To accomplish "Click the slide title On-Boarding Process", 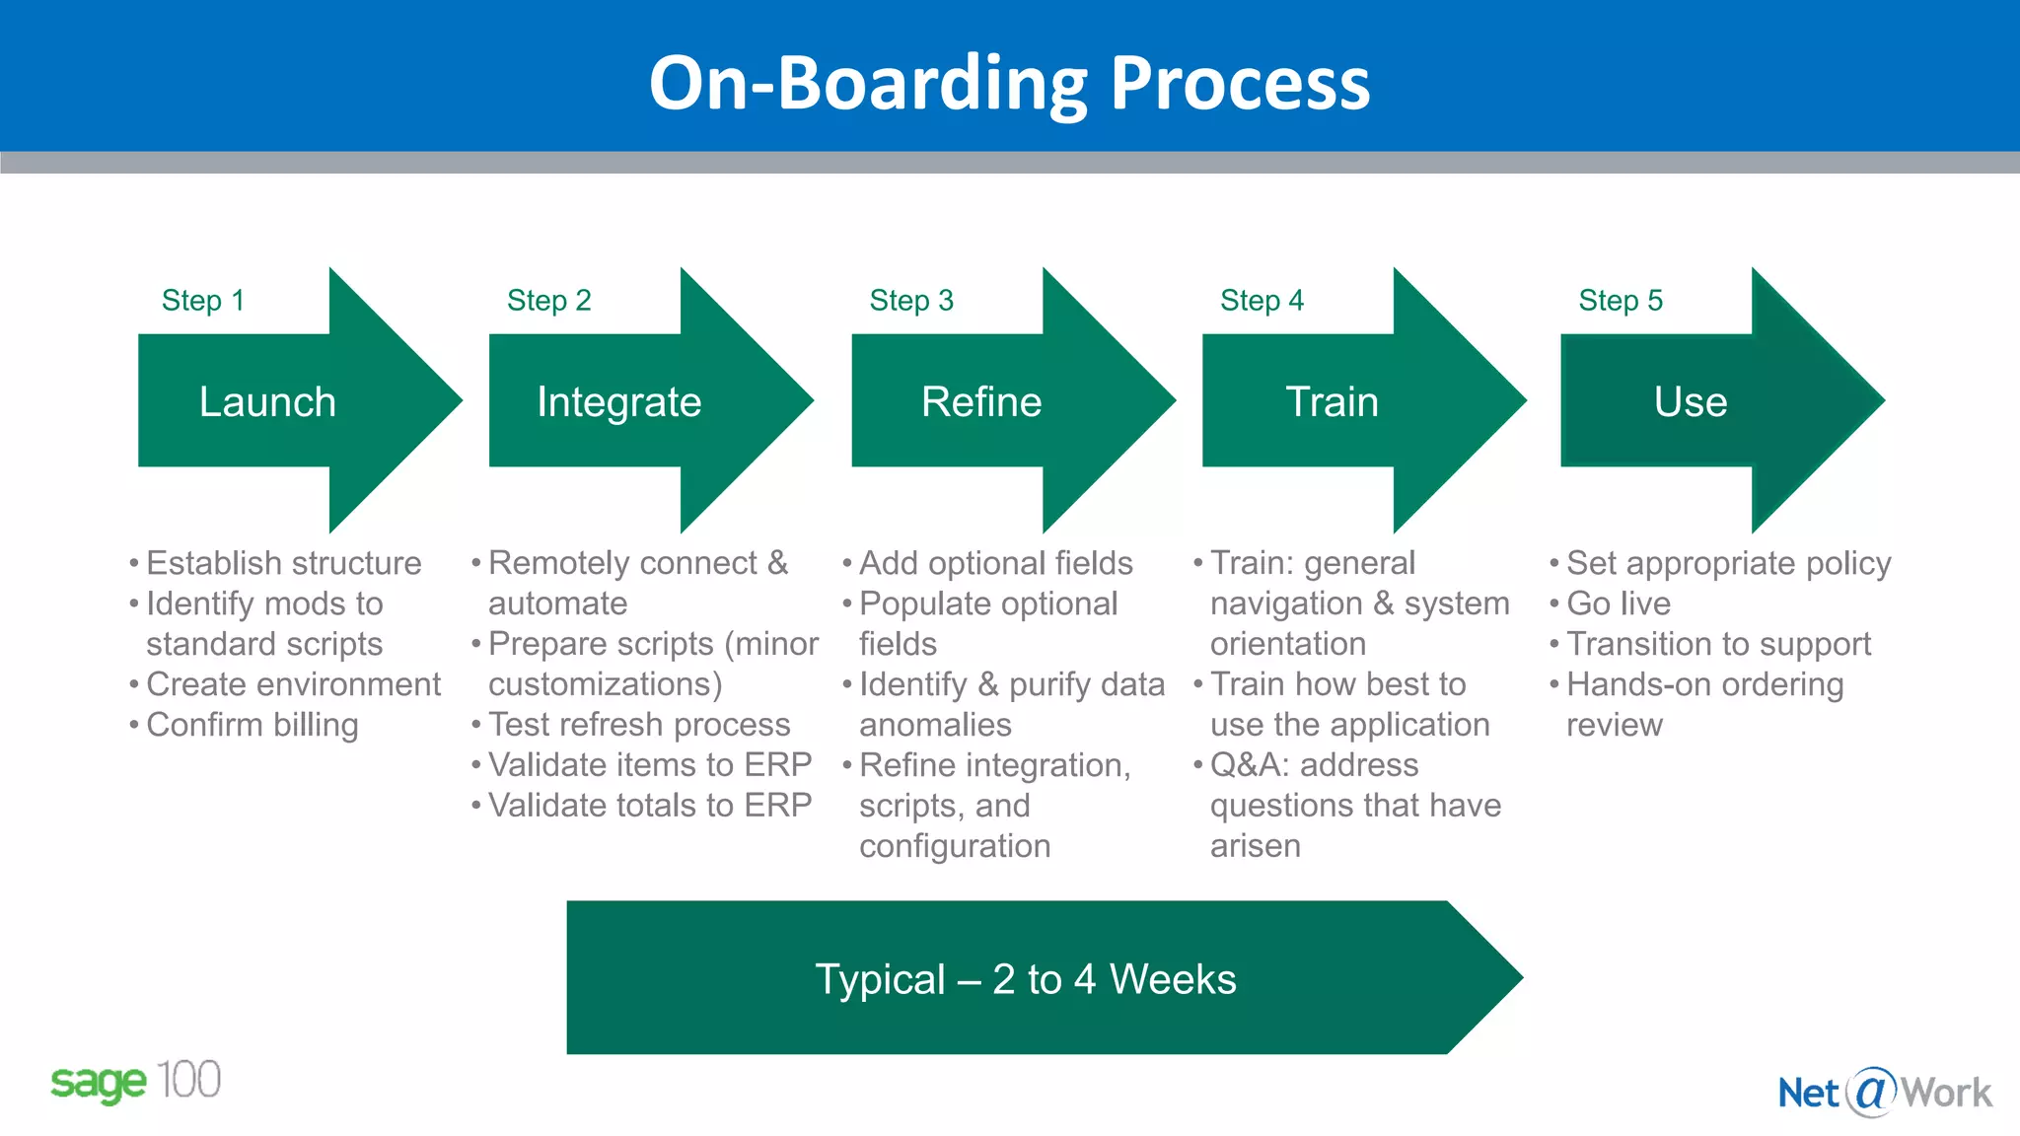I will (x=1009, y=83).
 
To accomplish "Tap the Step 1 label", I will (x=202, y=300).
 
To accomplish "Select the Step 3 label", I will (x=910, y=300).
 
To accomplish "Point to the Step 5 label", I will (x=1620, y=300).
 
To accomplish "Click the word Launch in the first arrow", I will (x=267, y=402).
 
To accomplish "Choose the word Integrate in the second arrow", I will (x=618, y=402).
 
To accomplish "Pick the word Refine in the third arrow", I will (x=980, y=402).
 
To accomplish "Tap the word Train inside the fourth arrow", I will (x=1332, y=402).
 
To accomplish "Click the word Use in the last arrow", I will (x=1690, y=402).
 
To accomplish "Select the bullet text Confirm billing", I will (x=252, y=725).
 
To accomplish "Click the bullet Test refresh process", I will (x=638, y=725).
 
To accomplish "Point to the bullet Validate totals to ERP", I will (x=649, y=806).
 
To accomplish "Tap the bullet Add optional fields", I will (x=995, y=563).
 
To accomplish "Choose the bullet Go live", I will (x=1618, y=603).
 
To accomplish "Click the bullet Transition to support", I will (x=1717, y=644).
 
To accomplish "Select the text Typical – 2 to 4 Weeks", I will (x=1025, y=979).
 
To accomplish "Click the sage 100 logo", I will (x=135, y=1082).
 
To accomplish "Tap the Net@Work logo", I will (x=1884, y=1093).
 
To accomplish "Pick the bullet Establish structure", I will (x=283, y=563).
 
